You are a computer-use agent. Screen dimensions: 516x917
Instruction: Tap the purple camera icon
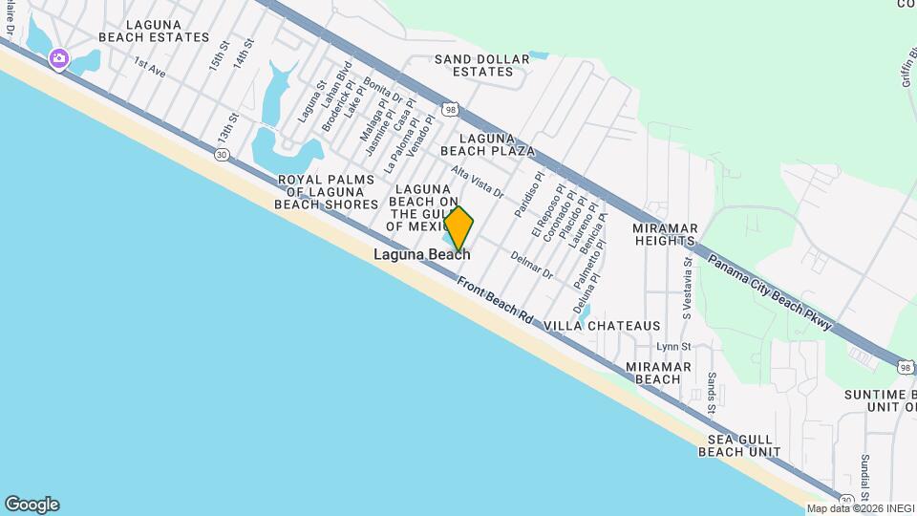click(x=59, y=59)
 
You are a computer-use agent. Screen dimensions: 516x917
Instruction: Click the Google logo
click(x=32, y=504)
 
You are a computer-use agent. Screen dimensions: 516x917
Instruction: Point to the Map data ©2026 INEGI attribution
click(x=859, y=508)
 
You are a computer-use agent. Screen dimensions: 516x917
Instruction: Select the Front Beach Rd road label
click(x=495, y=299)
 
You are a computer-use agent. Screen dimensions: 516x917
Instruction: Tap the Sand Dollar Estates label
click(x=481, y=65)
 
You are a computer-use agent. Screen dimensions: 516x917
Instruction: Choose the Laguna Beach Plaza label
click(x=486, y=144)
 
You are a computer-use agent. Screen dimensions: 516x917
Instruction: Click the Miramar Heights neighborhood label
click(x=666, y=235)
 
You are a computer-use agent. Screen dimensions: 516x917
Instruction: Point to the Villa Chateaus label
click(x=602, y=326)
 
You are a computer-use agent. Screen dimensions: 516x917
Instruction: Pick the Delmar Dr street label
click(x=532, y=264)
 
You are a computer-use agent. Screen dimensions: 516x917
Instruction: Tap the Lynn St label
click(x=673, y=346)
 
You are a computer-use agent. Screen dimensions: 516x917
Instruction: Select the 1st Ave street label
click(x=150, y=68)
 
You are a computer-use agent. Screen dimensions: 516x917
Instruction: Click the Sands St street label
click(x=712, y=394)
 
